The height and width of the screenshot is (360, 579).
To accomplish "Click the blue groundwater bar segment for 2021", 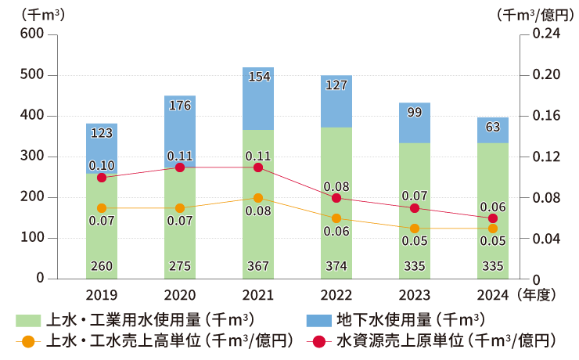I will (258, 99).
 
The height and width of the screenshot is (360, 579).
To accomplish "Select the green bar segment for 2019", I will (102, 235).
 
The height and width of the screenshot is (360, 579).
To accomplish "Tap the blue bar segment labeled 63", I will (493, 130).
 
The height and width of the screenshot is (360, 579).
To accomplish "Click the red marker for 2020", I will (180, 167).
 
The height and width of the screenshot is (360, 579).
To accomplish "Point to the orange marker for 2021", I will (258, 198).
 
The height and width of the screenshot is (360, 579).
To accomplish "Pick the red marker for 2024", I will (493, 218).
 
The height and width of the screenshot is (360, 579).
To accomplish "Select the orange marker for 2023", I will (415, 229).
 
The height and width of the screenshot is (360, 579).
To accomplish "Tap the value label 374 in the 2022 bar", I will (336, 266).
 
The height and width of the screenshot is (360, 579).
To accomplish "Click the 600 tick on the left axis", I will (33, 34).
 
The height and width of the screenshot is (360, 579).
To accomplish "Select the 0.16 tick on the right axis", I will (545, 116).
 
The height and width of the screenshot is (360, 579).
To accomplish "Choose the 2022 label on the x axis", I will (336, 296).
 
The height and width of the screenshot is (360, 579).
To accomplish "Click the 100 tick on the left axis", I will (33, 238).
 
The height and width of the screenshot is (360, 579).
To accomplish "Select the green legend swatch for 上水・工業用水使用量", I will (27, 320).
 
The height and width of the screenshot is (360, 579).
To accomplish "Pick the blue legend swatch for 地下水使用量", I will (317, 320).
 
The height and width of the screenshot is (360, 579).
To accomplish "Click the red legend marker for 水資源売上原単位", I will (317, 341).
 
